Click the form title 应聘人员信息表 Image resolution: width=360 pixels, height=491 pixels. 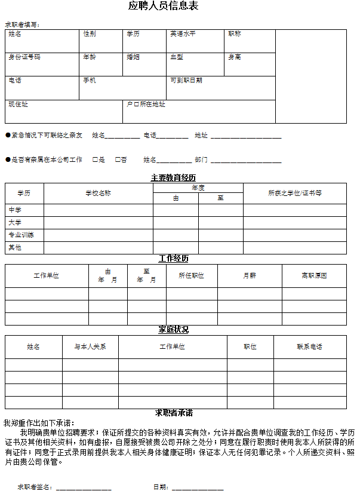click(164, 6)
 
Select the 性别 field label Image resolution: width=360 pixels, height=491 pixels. click(89, 34)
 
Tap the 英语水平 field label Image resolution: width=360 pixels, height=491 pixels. click(183, 34)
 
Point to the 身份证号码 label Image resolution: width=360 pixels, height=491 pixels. click(24, 57)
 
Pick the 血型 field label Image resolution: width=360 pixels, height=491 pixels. click(177, 57)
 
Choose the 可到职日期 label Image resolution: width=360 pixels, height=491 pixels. click(186, 81)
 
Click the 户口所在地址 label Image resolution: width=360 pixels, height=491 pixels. click(146, 105)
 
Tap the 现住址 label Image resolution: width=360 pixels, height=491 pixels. click(18, 105)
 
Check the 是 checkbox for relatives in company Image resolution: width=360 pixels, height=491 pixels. click(95, 159)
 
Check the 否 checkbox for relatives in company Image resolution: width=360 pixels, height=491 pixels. click(118, 159)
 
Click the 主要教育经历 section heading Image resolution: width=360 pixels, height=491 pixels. click(173, 178)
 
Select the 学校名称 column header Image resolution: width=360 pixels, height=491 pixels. click(98, 194)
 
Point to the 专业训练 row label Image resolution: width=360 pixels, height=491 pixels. click(21, 235)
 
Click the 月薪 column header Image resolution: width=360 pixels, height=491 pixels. click(250, 276)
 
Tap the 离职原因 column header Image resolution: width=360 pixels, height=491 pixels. click(314, 276)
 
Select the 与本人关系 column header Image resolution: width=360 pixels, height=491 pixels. click(90, 347)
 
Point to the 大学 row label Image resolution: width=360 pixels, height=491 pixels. click(15, 222)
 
